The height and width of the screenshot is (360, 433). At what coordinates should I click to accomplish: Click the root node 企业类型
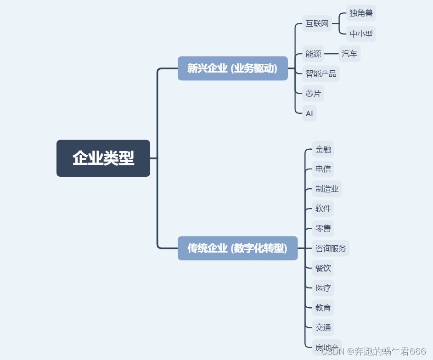103,158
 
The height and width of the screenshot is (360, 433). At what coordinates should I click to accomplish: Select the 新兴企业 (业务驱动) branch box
232,68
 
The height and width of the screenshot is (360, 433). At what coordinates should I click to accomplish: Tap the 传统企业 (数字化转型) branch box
237,248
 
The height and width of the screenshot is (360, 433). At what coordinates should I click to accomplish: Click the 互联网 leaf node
317,24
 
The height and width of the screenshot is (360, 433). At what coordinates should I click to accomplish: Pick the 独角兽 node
361,13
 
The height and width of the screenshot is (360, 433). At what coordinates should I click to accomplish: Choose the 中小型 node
361,34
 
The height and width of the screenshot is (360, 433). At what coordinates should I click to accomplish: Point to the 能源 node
313,54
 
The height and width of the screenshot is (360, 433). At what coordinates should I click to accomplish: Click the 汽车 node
349,54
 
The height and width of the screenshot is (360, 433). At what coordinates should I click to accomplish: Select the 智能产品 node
321,73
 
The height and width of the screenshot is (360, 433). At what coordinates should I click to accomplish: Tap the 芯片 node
313,94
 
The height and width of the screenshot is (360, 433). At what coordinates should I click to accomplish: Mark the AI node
309,113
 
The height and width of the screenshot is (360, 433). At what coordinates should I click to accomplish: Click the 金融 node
323,149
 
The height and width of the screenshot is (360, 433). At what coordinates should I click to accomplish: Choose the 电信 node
323,169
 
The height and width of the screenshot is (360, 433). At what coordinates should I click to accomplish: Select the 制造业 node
327,189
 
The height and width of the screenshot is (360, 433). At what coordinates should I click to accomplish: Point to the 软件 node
323,208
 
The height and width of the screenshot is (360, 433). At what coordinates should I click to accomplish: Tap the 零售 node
323,228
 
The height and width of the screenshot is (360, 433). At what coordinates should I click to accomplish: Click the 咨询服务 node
331,248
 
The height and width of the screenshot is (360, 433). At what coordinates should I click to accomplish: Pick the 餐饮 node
323,268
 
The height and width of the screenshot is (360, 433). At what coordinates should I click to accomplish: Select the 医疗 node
323,288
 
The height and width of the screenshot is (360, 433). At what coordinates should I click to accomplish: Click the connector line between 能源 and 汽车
331,54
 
